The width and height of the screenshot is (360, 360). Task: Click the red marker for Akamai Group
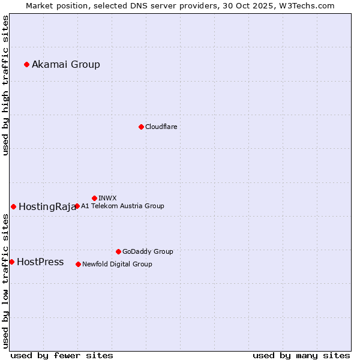26,64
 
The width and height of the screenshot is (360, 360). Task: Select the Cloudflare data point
141,127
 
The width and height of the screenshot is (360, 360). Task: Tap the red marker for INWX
94,198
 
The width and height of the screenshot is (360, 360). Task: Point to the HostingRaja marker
13,206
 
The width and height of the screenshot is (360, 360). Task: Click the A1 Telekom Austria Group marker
77,206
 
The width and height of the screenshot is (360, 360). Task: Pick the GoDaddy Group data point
118,251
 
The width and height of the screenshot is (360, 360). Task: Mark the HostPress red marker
11,262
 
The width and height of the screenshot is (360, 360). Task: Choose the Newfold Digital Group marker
78,264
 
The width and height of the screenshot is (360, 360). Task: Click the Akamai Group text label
66,65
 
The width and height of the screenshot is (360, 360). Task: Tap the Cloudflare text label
161,127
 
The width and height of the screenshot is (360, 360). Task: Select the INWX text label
107,199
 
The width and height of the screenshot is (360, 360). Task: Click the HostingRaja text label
47,207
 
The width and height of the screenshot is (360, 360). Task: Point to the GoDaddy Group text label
148,252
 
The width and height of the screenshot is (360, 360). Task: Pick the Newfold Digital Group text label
117,265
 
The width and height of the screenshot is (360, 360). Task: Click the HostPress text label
40,262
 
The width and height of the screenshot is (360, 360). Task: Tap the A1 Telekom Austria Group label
122,206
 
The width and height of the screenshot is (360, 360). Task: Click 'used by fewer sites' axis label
62,355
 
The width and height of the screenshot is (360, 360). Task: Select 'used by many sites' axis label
301,355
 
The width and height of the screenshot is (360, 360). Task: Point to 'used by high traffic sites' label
5,85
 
